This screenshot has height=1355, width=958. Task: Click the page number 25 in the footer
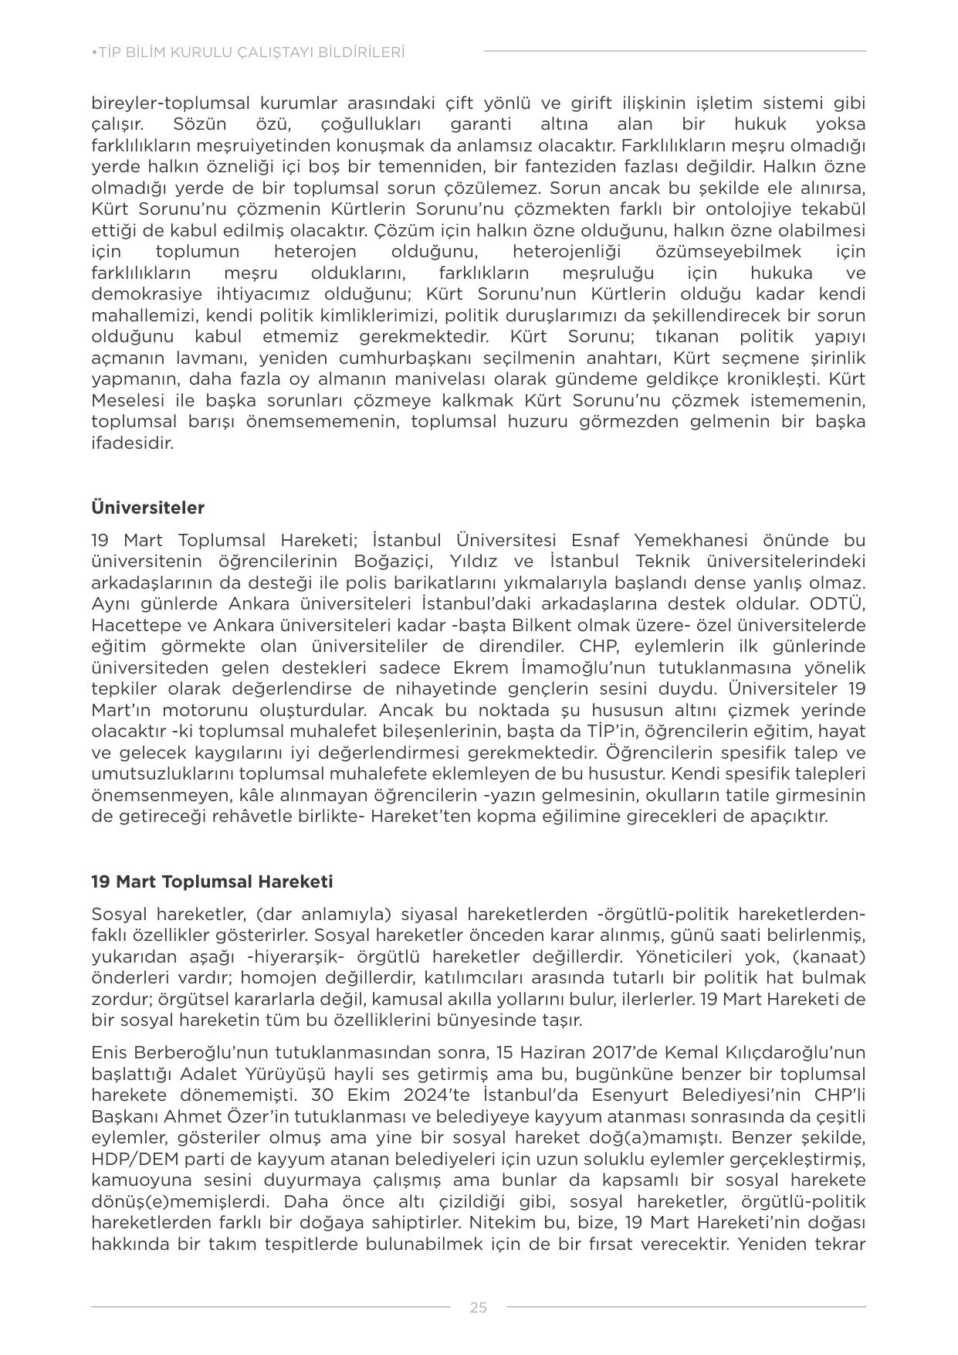point(478,1307)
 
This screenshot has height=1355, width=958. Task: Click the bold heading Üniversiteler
point(147,508)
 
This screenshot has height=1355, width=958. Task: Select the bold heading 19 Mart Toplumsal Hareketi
point(212,881)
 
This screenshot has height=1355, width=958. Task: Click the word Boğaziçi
point(395,561)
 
